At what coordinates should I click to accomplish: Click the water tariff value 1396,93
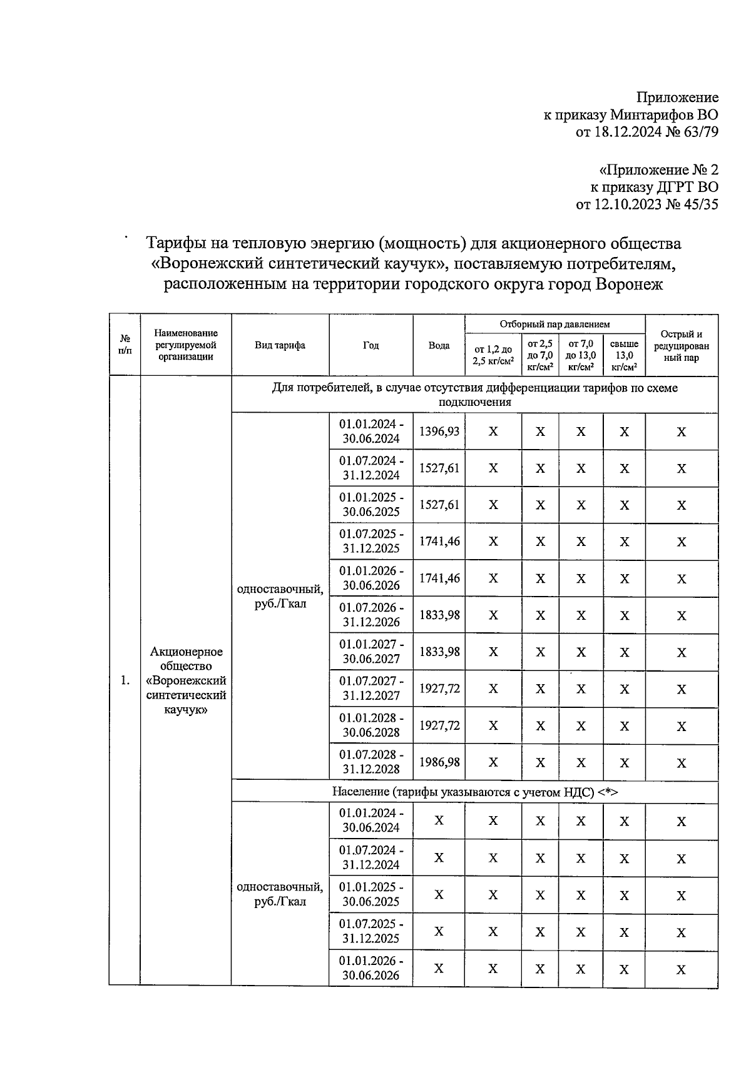[439, 431]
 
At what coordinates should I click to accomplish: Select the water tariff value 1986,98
[439, 762]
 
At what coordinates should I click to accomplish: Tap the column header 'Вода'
[439, 345]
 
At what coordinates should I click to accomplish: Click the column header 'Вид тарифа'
[280, 345]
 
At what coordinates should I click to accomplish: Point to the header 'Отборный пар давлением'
[554, 324]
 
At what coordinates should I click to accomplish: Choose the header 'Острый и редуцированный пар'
[681, 345]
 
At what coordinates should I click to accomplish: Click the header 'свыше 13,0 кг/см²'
[624, 355]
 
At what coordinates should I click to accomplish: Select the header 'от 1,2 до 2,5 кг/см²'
[493, 355]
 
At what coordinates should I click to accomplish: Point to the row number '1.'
[125, 680]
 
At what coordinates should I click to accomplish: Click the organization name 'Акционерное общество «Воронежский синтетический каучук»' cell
[186, 680]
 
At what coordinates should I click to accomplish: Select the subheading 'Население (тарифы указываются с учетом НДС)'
[474, 792]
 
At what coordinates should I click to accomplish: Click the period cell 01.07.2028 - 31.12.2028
[371, 762]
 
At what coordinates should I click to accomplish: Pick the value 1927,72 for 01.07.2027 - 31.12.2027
[439, 689]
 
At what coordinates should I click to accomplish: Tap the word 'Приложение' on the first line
[677, 97]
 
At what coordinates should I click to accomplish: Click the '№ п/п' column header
[125, 345]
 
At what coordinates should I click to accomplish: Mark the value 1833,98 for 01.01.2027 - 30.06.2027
[439, 652]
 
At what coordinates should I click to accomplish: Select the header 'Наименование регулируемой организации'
[186, 345]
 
